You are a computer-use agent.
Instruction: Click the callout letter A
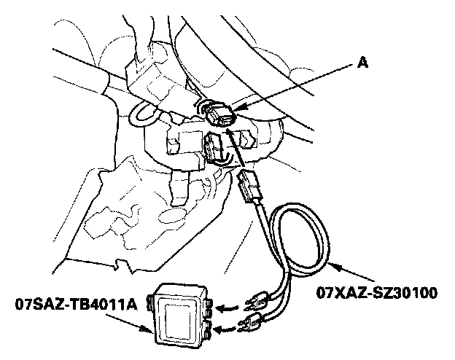(362, 63)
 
